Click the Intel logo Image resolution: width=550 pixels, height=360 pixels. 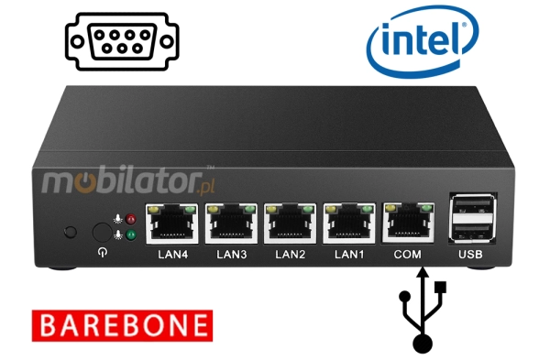421,38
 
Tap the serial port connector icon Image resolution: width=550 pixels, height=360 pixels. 122,40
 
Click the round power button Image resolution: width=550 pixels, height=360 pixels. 101,231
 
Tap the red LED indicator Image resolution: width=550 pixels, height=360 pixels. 130,221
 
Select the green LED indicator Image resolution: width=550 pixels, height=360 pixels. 130,235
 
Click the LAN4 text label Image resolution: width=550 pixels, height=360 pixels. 173,254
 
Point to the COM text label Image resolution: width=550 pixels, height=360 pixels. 406,254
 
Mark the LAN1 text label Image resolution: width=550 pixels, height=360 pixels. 348,254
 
